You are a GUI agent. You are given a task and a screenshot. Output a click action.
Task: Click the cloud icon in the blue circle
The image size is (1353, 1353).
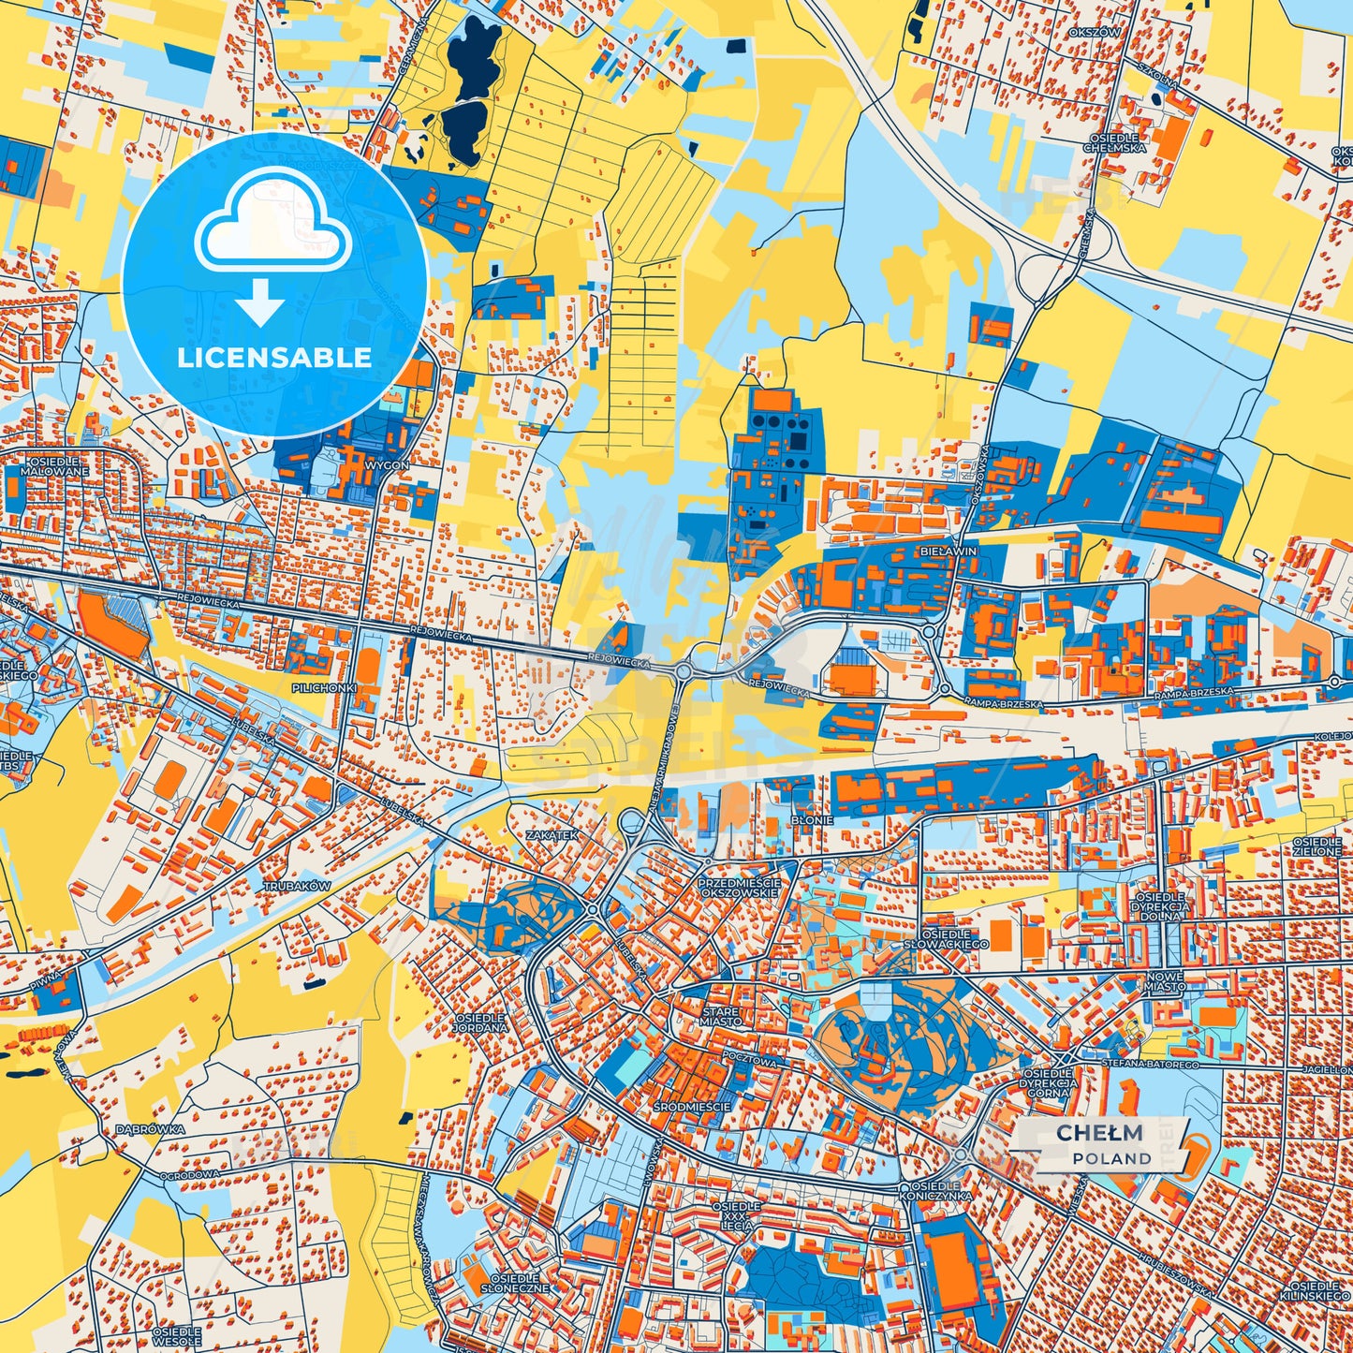point(272,228)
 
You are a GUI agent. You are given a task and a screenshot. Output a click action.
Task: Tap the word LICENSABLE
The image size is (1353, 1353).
point(274,357)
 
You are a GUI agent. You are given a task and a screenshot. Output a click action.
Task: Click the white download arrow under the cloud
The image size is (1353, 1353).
point(259,301)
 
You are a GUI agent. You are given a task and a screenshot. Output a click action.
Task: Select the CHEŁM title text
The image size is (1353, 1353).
point(1099,1133)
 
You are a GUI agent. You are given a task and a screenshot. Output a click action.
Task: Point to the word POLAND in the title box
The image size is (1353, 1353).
point(1112,1158)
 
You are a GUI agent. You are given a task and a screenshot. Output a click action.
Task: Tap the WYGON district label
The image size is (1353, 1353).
point(387,464)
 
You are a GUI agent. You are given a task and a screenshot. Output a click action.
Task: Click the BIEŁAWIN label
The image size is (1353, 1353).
point(948,551)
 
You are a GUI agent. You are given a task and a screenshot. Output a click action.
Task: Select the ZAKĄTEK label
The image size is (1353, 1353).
point(552,834)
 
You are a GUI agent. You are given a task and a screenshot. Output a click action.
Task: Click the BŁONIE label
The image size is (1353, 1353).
point(812,819)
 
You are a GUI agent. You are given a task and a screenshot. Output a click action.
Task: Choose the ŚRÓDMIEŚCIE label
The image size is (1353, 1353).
point(693,1106)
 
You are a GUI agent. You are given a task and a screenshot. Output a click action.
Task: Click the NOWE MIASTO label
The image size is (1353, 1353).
point(1164,980)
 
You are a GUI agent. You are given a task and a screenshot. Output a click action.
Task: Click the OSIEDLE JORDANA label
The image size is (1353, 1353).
point(480,1022)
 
